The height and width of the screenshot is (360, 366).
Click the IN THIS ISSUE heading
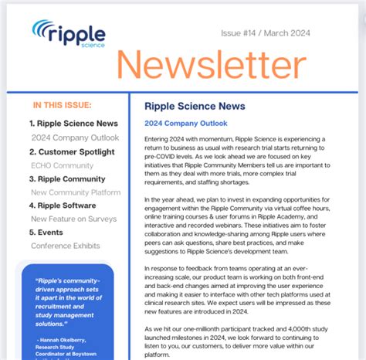point(63,105)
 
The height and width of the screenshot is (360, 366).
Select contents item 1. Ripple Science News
point(73,124)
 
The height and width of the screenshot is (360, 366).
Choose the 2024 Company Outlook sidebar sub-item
point(75,138)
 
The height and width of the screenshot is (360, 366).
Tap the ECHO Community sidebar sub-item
point(62,165)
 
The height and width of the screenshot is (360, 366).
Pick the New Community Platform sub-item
point(75,192)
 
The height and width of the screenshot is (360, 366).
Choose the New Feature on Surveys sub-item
point(74,219)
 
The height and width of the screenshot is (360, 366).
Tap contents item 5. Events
point(46,232)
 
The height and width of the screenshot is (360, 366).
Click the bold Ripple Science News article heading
point(195,107)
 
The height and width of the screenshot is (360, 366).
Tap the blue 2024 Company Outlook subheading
point(185,123)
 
